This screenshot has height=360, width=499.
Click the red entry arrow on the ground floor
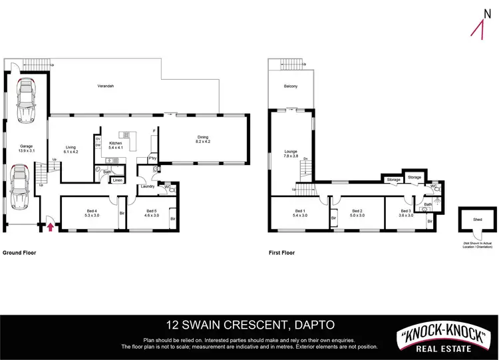51,228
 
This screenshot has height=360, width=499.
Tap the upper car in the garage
26,101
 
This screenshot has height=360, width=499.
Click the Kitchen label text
116,143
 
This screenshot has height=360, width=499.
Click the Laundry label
148,186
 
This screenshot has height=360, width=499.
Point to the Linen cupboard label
117,180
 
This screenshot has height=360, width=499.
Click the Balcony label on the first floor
291,87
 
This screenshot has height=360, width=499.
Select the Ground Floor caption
19,253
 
